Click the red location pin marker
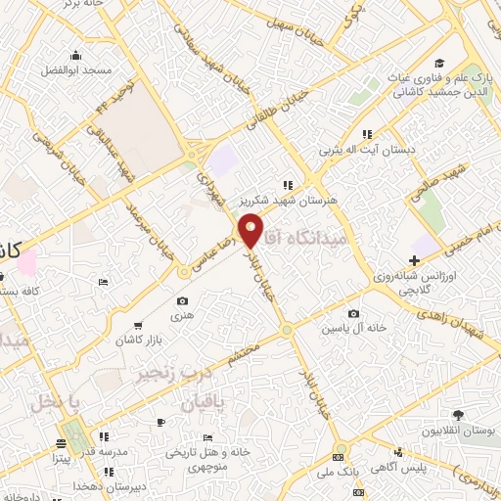(251, 229)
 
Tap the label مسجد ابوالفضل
(75, 71)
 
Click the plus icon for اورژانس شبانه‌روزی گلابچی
(415, 261)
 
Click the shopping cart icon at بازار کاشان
(138, 324)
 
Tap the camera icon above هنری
(182, 301)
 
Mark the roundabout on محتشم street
(286, 331)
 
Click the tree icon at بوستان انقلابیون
(458, 415)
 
